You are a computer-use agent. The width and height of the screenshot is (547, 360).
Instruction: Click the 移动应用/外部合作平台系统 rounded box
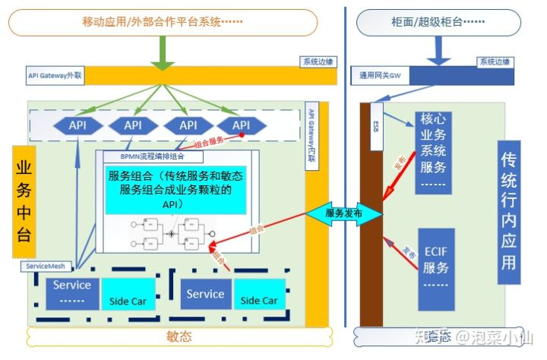point(163,22)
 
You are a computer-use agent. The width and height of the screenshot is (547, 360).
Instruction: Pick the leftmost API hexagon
point(77,125)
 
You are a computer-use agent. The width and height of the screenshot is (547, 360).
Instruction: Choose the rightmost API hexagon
point(241,125)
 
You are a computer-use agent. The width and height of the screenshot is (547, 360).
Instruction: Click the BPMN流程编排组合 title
point(151,157)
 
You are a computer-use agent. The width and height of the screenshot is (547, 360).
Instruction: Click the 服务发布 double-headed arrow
point(344,214)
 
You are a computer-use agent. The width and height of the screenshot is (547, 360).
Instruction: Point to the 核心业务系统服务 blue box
point(434,152)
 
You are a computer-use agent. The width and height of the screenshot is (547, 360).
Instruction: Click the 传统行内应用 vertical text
point(510,210)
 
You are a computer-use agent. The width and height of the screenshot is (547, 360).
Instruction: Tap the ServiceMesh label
point(47,267)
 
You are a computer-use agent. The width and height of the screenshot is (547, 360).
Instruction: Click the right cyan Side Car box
point(259,295)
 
